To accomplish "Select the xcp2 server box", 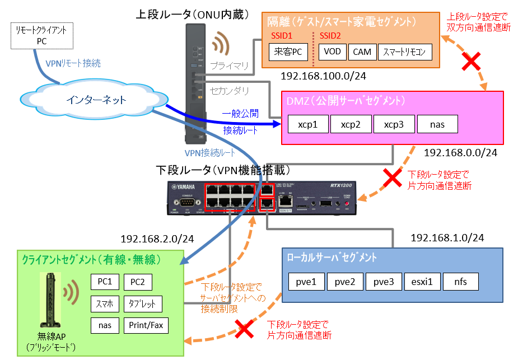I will click(351, 124).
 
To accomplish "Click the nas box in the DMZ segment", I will click(437, 124).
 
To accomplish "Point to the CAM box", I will click(362, 53).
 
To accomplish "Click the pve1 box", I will click(307, 282).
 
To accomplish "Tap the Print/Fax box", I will click(145, 325).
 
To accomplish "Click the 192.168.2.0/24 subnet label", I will click(157, 239).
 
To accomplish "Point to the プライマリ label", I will click(229, 66).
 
